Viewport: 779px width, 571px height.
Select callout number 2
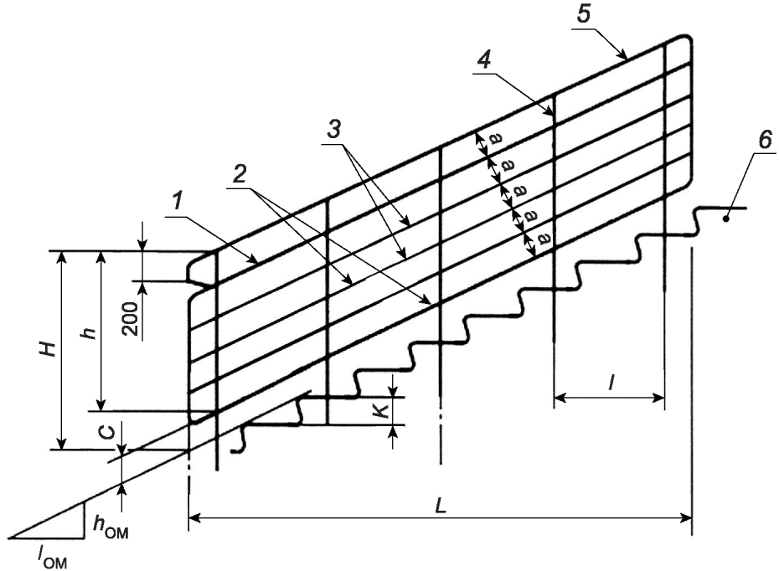[x=240, y=173]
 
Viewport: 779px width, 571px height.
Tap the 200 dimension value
[x=130, y=316]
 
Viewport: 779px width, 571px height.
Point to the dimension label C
[x=102, y=434]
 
